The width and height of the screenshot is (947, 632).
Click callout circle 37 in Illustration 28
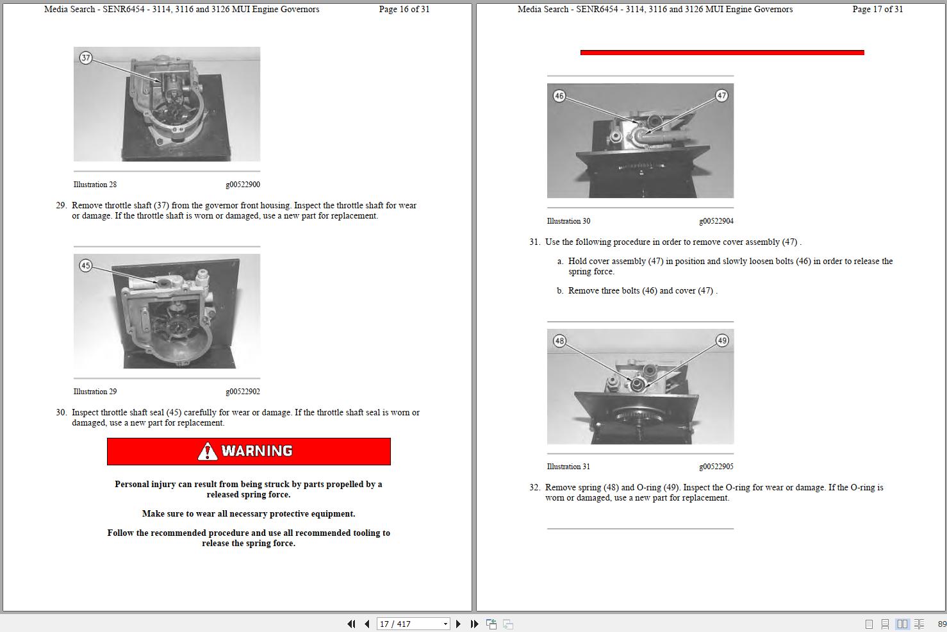click(86, 58)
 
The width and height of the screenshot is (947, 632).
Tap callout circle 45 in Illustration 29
click(86, 265)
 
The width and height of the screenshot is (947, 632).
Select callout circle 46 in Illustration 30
click(559, 96)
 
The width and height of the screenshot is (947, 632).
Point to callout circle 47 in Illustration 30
click(721, 96)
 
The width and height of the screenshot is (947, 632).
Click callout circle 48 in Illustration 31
click(559, 341)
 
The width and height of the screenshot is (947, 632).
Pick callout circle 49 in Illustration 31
click(722, 340)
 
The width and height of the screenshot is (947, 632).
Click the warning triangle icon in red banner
click(208, 452)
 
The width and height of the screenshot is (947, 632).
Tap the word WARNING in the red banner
click(257, 451)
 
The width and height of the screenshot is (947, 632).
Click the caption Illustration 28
click(95, 185)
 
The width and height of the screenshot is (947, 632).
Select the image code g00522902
click(242, 392)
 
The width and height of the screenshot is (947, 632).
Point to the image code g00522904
click(716, 221)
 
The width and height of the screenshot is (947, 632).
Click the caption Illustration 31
click(568, 467)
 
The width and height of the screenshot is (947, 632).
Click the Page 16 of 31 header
click(404, 10)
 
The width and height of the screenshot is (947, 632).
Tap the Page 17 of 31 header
click(877, 10)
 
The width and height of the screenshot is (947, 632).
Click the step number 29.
click(61, 206)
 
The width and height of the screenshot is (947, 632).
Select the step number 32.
click(534, 488)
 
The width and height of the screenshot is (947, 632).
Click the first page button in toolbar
click(351, 624)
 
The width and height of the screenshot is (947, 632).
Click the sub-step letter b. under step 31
click(560, 291)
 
